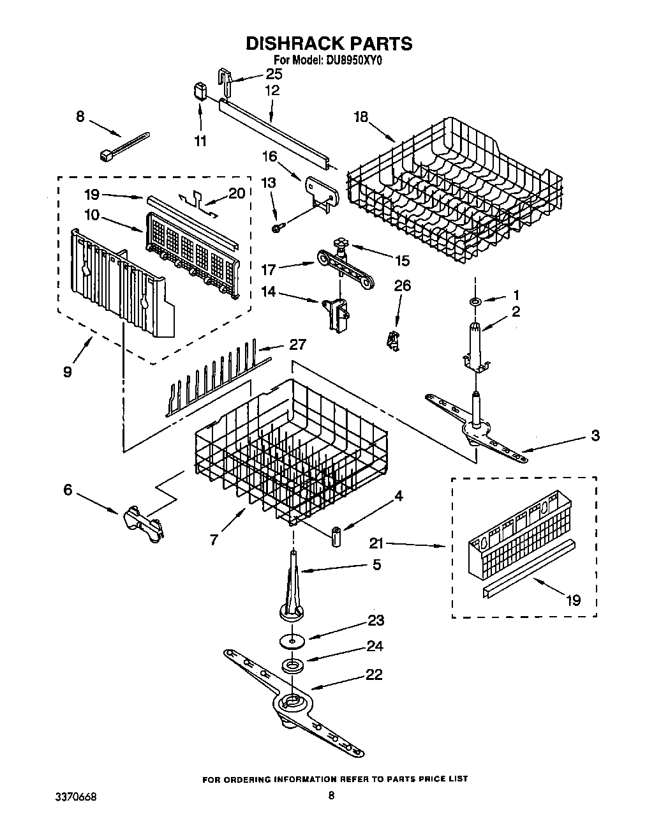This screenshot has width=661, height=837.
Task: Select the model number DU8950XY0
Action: click(x=350, y=61)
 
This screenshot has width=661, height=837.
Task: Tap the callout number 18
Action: click(x=361, y=116)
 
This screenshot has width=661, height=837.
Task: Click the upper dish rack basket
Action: click(x=456, y=192)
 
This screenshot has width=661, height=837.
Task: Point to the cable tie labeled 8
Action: click(x=125, y=145)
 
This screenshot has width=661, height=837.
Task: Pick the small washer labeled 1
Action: click(x=475, y=300)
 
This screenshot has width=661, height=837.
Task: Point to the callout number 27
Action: click(x=297, y=345)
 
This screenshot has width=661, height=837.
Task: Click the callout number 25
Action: click(x=274, y=73)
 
